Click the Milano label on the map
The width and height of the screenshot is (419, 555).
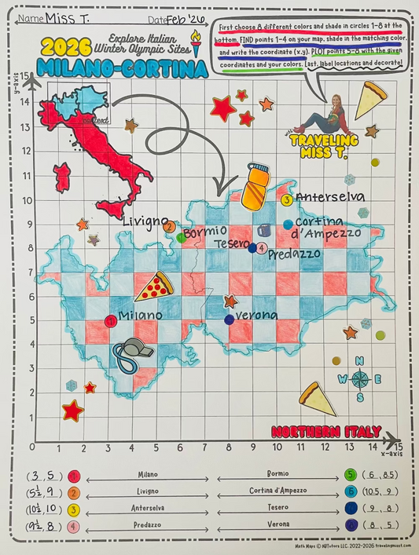pos(140,316)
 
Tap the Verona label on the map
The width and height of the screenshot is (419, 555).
pos(256,316)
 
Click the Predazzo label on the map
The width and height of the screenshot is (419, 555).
pos(294,254)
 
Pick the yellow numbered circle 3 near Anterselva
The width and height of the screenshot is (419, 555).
pos(287,199)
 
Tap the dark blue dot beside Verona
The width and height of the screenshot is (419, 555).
pos(229,319)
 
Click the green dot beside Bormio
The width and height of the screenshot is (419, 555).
pos(182,237)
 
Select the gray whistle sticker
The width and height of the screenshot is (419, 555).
pos(127,354)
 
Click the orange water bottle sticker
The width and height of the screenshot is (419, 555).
pos(253,187)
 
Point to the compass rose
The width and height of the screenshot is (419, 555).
pos(359,380)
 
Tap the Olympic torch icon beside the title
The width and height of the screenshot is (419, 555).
pos(196,46)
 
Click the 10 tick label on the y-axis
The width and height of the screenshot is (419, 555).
pos(25,199)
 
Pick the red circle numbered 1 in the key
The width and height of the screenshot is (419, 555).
pos(74,476)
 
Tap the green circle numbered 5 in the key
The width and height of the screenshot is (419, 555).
pos(351,475)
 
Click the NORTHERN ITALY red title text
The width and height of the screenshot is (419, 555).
pos(326,432)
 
